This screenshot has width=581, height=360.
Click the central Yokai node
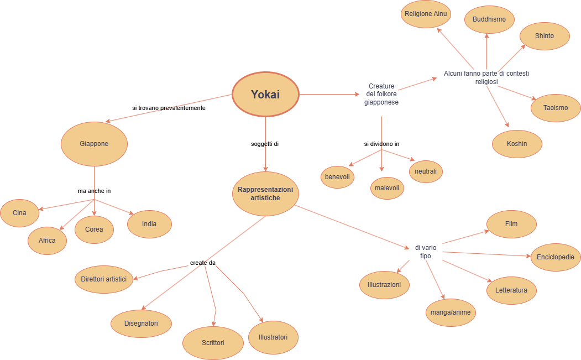click(265, 95)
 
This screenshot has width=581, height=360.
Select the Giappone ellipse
click(94, 144)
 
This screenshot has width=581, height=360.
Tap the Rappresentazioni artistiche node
click(266, 194)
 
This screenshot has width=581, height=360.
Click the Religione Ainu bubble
click(426, 14)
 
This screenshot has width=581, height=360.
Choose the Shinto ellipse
click(545, 36)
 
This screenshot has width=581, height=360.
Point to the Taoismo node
click(556, 108)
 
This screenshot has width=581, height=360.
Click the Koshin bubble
click(517, 144)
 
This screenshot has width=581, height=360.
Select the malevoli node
click(387, 188)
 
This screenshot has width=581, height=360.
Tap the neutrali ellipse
click(426, 171)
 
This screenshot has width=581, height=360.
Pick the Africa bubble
click(47, 241)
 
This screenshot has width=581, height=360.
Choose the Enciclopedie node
click(556, 257)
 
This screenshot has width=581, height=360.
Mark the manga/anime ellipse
click(451, 312)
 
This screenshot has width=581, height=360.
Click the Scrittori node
click(213, 343)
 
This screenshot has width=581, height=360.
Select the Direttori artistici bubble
click(103, 279)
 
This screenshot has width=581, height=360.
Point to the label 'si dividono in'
click(381, 144)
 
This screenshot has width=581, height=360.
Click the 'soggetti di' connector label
click(265, 144)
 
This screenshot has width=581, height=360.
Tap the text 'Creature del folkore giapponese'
click(381, 94)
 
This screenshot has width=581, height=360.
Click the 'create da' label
click(203, 263)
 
